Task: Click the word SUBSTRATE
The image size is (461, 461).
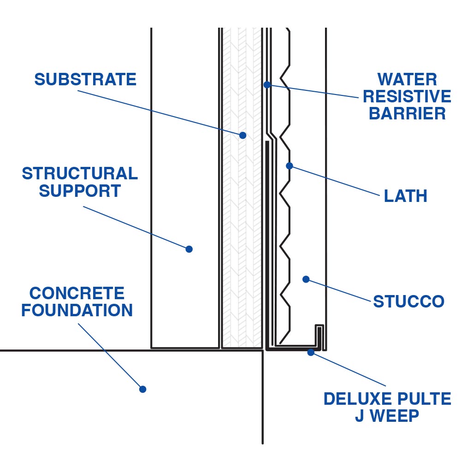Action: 85,79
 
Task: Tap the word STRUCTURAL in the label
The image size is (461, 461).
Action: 80,174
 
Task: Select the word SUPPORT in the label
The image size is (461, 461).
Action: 80,190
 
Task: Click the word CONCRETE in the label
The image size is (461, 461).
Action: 77,293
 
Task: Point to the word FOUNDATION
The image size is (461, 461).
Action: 77,310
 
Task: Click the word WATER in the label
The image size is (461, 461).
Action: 407,79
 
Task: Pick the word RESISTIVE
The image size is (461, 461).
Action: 407,96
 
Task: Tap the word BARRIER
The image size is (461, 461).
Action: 407,113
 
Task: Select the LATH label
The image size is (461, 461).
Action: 405,196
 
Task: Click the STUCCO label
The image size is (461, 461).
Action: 408,302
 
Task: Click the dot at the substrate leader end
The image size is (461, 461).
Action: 242,136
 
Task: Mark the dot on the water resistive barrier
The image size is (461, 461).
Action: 267,85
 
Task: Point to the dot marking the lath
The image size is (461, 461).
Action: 290,165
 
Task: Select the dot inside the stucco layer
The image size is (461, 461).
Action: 306,279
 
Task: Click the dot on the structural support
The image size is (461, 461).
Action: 189,249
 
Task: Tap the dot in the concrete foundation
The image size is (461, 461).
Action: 143,389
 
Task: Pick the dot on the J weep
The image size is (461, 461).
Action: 311,352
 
